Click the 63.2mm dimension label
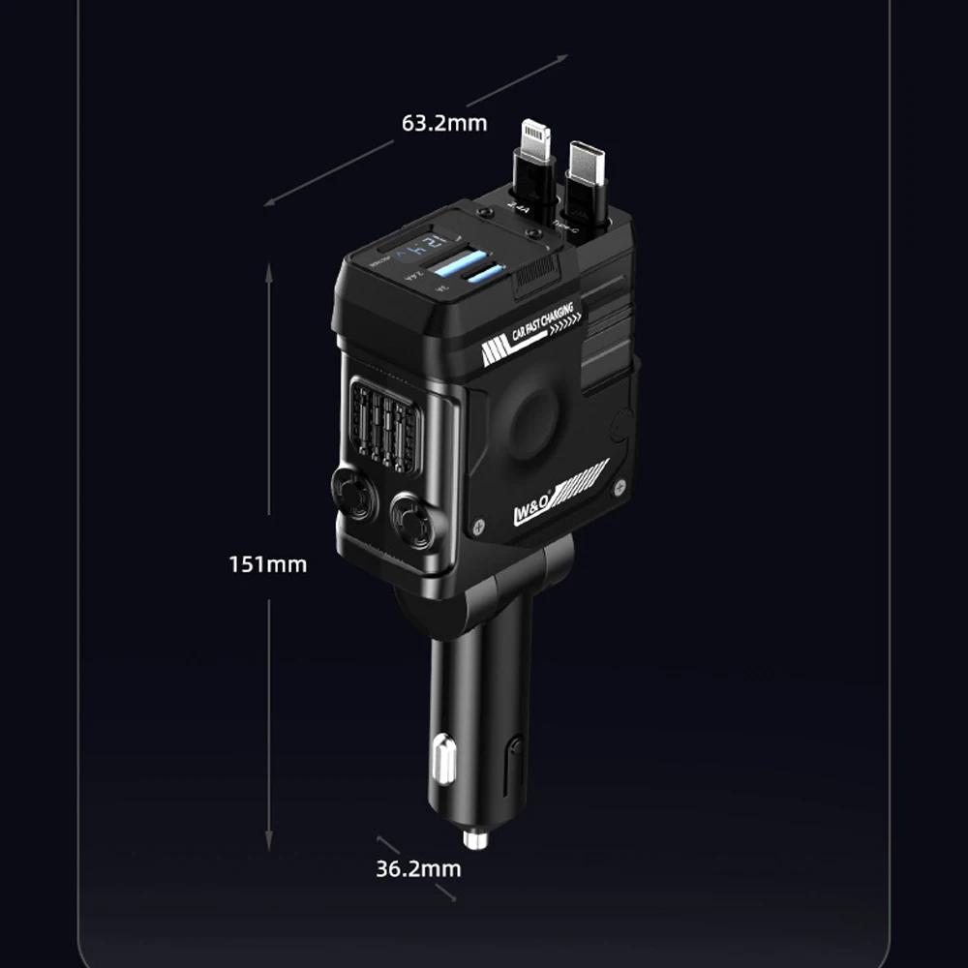point(444,123)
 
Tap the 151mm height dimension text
point(268,563)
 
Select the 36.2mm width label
point(418,868)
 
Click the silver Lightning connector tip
point(535,139)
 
